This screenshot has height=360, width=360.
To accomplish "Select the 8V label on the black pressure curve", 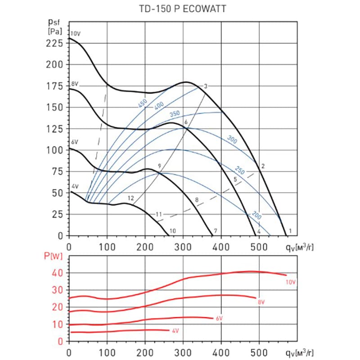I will (75, 84).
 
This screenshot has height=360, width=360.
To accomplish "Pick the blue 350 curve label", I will (175, 113).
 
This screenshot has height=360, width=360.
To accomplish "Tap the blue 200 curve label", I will (256, 215).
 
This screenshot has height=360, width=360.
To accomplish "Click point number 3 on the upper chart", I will (205, 86).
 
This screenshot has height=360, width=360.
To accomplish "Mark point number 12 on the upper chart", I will (130, 198).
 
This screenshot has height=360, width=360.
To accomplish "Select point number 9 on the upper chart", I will (159, 166).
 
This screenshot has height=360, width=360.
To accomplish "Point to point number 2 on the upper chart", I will (262, 166).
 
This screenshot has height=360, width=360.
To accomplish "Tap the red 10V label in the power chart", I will (291, 282).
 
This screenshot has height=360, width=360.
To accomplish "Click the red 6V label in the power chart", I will (219, 319).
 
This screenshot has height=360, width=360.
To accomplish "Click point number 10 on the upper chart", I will (172, 231).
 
